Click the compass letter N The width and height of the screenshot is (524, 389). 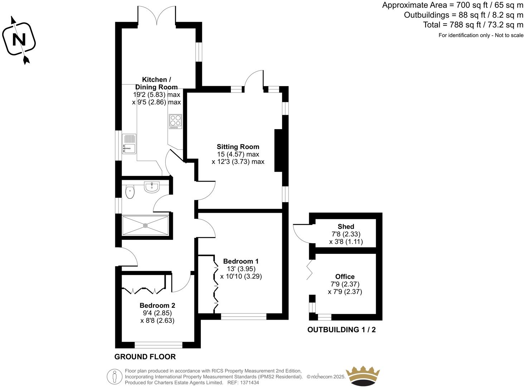(19, 39)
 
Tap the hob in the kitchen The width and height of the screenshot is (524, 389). (175, 121)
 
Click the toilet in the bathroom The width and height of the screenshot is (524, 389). (130, 192)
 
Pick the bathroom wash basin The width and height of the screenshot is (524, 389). (152, 187)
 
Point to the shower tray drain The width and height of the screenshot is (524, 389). (145, 225)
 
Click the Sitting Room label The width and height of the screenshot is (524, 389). (238, 147)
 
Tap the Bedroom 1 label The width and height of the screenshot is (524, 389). (241, 261)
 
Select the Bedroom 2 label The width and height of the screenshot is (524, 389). (157, 305)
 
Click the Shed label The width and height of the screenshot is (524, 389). (346, 226)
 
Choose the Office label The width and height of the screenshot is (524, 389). (345, 276)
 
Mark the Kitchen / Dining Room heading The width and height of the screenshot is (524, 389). (156, 83)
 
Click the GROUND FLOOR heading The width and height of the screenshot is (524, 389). (145, 356)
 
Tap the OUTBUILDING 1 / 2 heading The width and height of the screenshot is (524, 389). (341, 330)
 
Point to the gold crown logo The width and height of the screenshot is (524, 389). (362, 375)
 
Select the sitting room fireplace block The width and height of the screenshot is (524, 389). (279, 151)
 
